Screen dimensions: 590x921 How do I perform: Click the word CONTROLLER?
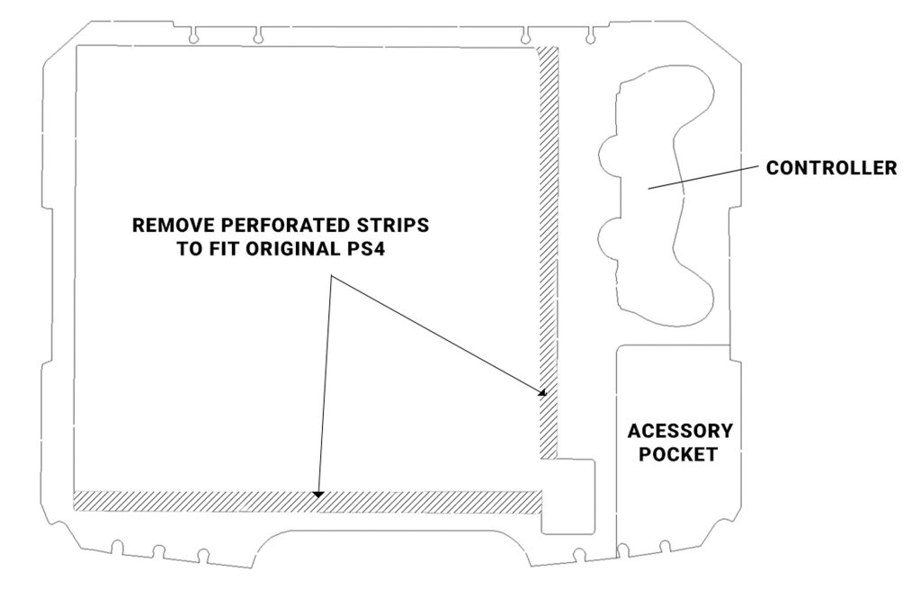point(831,168)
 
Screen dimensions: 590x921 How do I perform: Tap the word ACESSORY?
point(680,431)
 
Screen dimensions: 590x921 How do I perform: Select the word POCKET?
point(679,454)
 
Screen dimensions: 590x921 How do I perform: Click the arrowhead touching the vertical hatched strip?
point(542,392)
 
